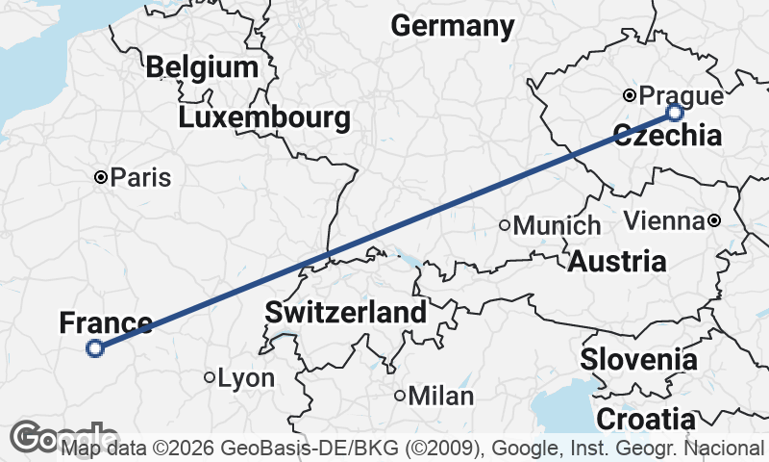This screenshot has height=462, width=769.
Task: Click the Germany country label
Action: (x=453, y=26)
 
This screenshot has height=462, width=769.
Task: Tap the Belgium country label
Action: (x=202, y=67)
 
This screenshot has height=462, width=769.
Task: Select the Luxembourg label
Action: (x=263, y=118)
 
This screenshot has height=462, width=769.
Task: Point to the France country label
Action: (x=106, y=323)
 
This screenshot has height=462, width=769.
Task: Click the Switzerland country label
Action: (x=346, y=312)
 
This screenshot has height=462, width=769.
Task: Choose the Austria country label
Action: (x=617, y=261)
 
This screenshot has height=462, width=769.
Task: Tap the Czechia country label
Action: (x=667, y=136)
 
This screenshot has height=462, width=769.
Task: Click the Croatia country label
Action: (x=645, y=420)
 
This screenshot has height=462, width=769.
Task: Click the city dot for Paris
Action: (x=101, y=177)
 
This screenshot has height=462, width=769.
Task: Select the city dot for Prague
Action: (x=630, y=95)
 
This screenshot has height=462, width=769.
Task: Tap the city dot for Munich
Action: (x=505, y=225)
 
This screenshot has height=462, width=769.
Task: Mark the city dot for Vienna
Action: (x=714, y=220)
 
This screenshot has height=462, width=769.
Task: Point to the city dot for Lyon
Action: (x=210, y=377)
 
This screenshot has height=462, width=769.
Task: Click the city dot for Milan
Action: (x=400, y=395)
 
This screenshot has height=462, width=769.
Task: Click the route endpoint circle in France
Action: (x=95, y=348)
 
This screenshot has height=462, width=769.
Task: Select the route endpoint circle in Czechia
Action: (x=675, y=113)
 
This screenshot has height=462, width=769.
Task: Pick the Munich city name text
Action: (x=558, y=226)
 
